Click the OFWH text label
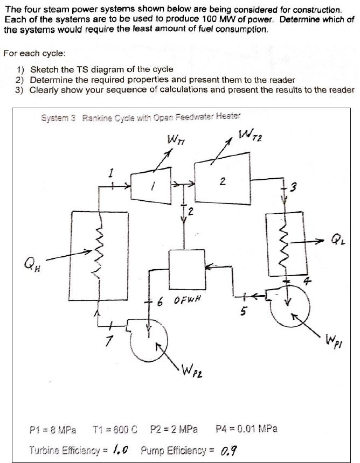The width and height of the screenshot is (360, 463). click(187, 299)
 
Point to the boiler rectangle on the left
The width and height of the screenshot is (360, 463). click(99, 255)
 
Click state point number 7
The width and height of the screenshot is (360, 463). click(107, 343)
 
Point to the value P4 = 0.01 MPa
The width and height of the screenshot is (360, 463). click(246, 429)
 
